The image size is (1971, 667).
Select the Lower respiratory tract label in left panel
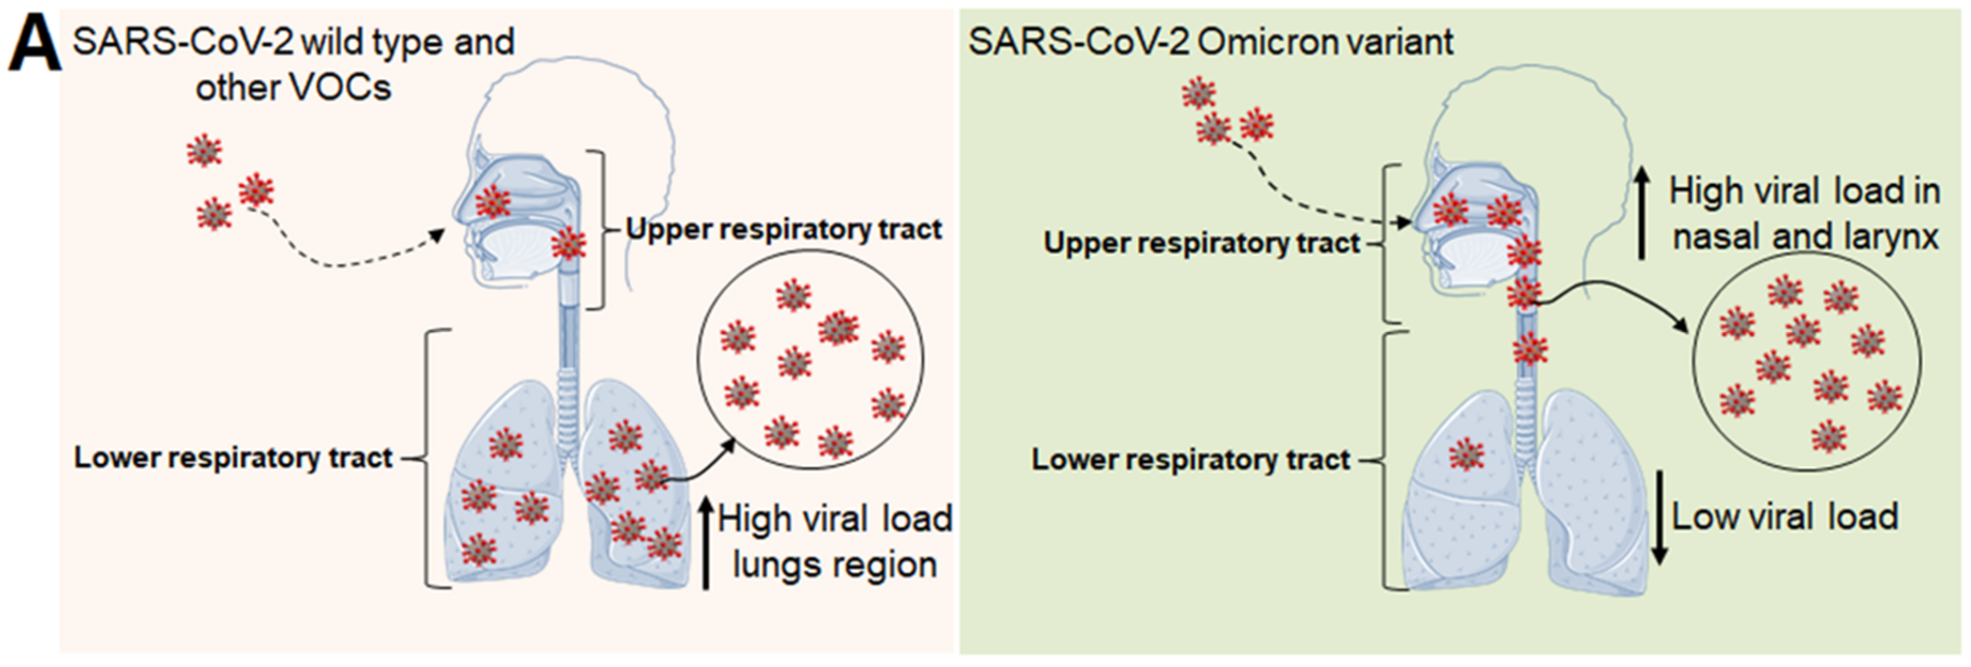pos(233,458)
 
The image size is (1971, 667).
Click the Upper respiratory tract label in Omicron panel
pos(1201,243)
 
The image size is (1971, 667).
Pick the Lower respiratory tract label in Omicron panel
pos(1190,459)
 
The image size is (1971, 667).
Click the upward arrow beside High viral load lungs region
pos(706,543)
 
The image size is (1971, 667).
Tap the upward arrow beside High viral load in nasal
pos(1641,214)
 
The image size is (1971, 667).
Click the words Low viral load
pos(1784,517)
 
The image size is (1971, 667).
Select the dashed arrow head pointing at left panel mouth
pos(437,234)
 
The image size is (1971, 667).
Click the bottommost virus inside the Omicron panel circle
pos(1828,436)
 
